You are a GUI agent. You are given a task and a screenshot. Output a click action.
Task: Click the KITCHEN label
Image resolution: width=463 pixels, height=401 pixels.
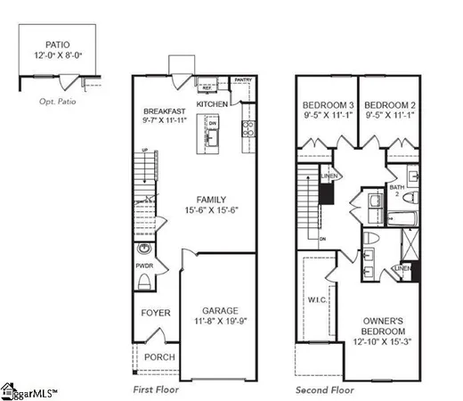tap(213, 104)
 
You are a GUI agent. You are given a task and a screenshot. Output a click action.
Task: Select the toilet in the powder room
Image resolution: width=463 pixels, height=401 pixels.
tap(145, 282)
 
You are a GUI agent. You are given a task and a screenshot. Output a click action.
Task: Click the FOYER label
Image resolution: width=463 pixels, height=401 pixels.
tap(156, 313)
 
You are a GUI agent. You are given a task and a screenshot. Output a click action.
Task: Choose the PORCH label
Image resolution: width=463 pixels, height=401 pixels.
tap(160, 357)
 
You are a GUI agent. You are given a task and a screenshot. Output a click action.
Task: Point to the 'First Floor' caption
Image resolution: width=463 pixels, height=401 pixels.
tap(156, 389)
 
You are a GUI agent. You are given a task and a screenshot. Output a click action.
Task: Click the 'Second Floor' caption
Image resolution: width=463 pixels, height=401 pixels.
tap(324, 389)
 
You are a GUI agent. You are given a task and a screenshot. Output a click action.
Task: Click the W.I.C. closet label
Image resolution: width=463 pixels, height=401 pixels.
tap(317, 299)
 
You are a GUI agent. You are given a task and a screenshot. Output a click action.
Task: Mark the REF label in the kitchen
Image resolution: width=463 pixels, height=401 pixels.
tap(206, 88)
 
